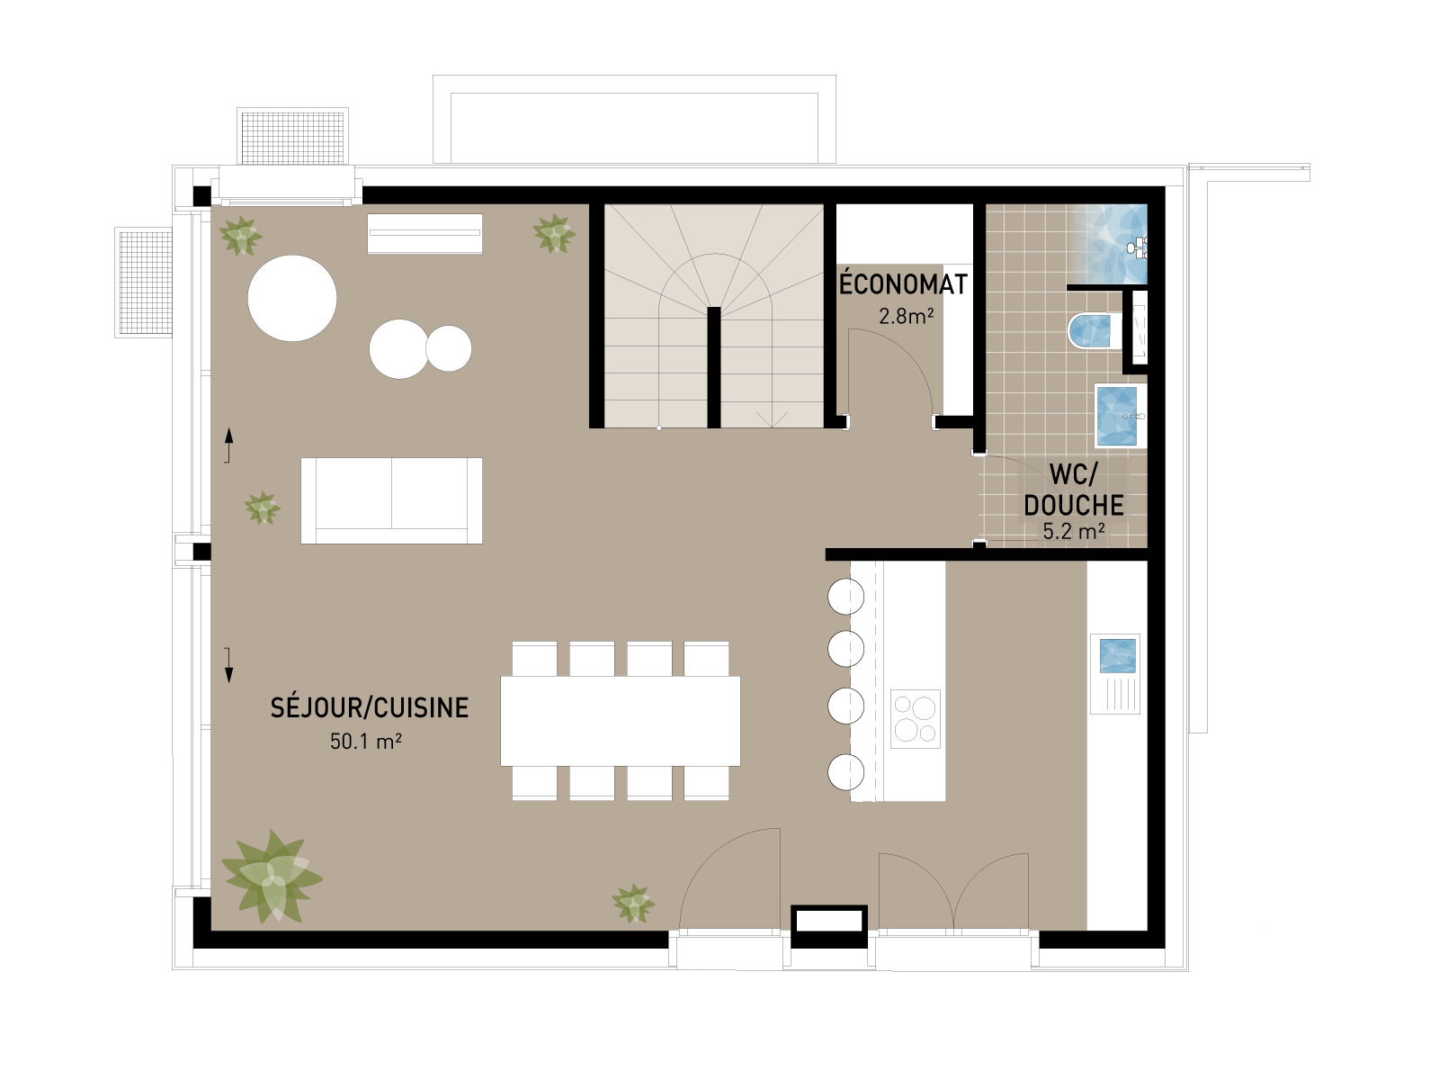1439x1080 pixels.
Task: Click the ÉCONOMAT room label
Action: [903, 283]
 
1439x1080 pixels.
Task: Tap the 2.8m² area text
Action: [906, 316]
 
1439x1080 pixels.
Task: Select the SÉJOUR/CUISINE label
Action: [370, 707]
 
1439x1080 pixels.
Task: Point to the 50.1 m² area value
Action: [366, 741]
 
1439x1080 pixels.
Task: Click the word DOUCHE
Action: [1074, 505]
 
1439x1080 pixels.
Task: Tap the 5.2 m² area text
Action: [1074, 531]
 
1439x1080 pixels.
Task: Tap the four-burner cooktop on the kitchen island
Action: [916, 719]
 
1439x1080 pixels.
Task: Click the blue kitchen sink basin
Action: [1117, 656]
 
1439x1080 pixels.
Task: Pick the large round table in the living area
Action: [292, 299]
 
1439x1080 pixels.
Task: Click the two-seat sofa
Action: [391, 501]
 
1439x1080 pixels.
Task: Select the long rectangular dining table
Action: [621, 721]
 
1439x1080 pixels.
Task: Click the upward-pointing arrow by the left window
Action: [228, 445]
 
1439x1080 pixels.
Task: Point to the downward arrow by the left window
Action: [228, 665]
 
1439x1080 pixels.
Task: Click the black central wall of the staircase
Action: [714, 367]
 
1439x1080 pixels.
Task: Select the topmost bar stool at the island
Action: [845, 597]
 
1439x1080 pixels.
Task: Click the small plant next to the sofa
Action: [263, 508]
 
